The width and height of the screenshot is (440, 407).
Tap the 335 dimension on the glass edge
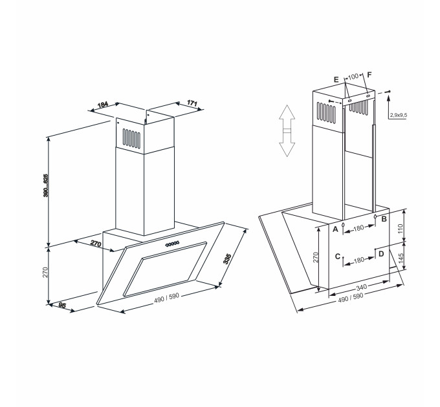pos(226,260)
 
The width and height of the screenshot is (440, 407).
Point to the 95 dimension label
pos(62,306)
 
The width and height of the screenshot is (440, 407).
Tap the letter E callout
pos(336,79)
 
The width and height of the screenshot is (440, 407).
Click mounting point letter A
pos(336,229)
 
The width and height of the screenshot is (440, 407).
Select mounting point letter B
pos(384,220)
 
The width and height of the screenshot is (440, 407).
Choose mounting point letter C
pos(337,256)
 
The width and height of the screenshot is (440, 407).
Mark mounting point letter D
pos(381,253)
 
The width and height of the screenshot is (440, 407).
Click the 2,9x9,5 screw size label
pos(399,115)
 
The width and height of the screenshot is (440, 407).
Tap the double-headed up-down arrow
pos(287,131)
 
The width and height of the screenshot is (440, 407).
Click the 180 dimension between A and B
pos(360,228)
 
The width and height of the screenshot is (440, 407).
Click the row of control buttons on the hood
pos(173,244)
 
